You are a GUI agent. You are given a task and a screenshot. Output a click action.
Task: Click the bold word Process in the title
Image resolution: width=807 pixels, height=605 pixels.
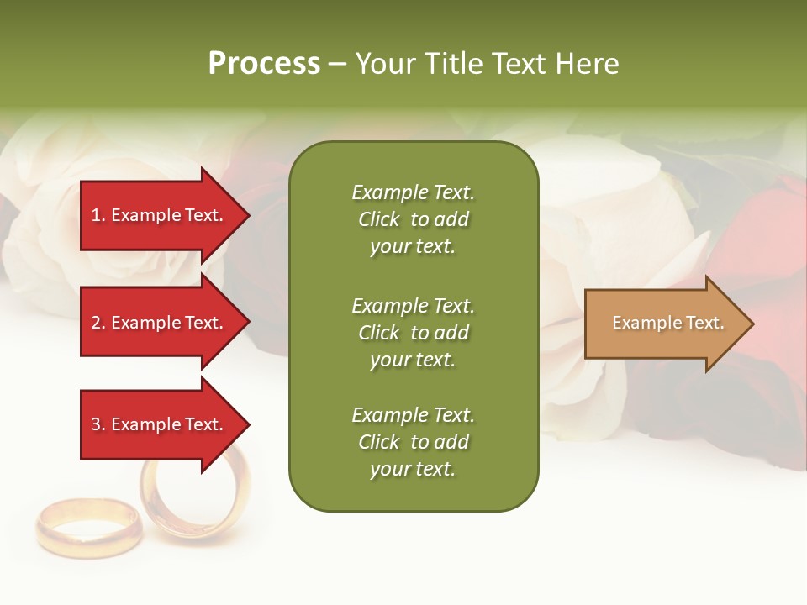264,64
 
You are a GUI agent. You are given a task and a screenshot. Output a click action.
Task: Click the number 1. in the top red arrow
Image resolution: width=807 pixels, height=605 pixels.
98,215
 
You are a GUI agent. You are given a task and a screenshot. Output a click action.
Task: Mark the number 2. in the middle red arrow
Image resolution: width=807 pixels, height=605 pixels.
98,323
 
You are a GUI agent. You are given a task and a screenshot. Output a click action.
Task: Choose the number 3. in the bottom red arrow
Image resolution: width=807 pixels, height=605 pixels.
98,424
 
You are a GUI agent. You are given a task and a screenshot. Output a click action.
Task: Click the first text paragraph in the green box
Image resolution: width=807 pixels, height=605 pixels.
413,219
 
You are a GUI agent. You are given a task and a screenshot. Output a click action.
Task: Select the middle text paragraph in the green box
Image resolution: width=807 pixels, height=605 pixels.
413,333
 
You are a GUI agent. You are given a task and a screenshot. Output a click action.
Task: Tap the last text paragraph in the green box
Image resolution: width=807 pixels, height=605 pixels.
413,442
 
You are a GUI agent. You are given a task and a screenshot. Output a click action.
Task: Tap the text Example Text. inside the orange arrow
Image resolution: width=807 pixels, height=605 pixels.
667,323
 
